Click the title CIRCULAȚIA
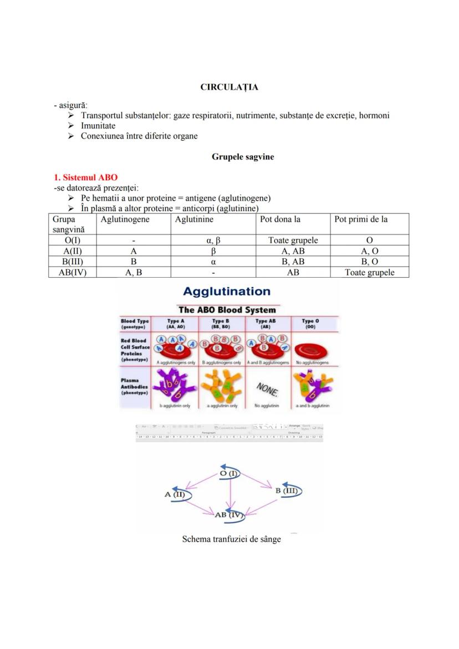pyautogui.click(x=229, y=87)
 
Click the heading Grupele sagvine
pyautogui.click(x=243, y=157)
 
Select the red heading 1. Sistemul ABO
pyautogui.click(x=85, y=178)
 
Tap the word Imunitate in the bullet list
pyautogui.click(x=98, y=126)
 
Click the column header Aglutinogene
pyautogui.click(x=125, y=219)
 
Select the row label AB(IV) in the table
pyautogui.click(x=72, y=272)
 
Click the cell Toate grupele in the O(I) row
pyautogui.click(x=293, y=241)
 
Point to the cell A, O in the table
pyautogui.click(x=369, y=251)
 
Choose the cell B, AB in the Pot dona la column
pyautogui.click(x=293, y=262)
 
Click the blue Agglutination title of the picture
pyautogui.click(x=227, y=292)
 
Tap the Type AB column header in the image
pyautogui.click(x=266, y=323)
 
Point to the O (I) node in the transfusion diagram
pyautogui.click(x=229, y=473)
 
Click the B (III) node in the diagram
pyautogui.click(x=287, y=490)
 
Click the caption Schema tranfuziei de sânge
pyautogui.click(x=231, y=539)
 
